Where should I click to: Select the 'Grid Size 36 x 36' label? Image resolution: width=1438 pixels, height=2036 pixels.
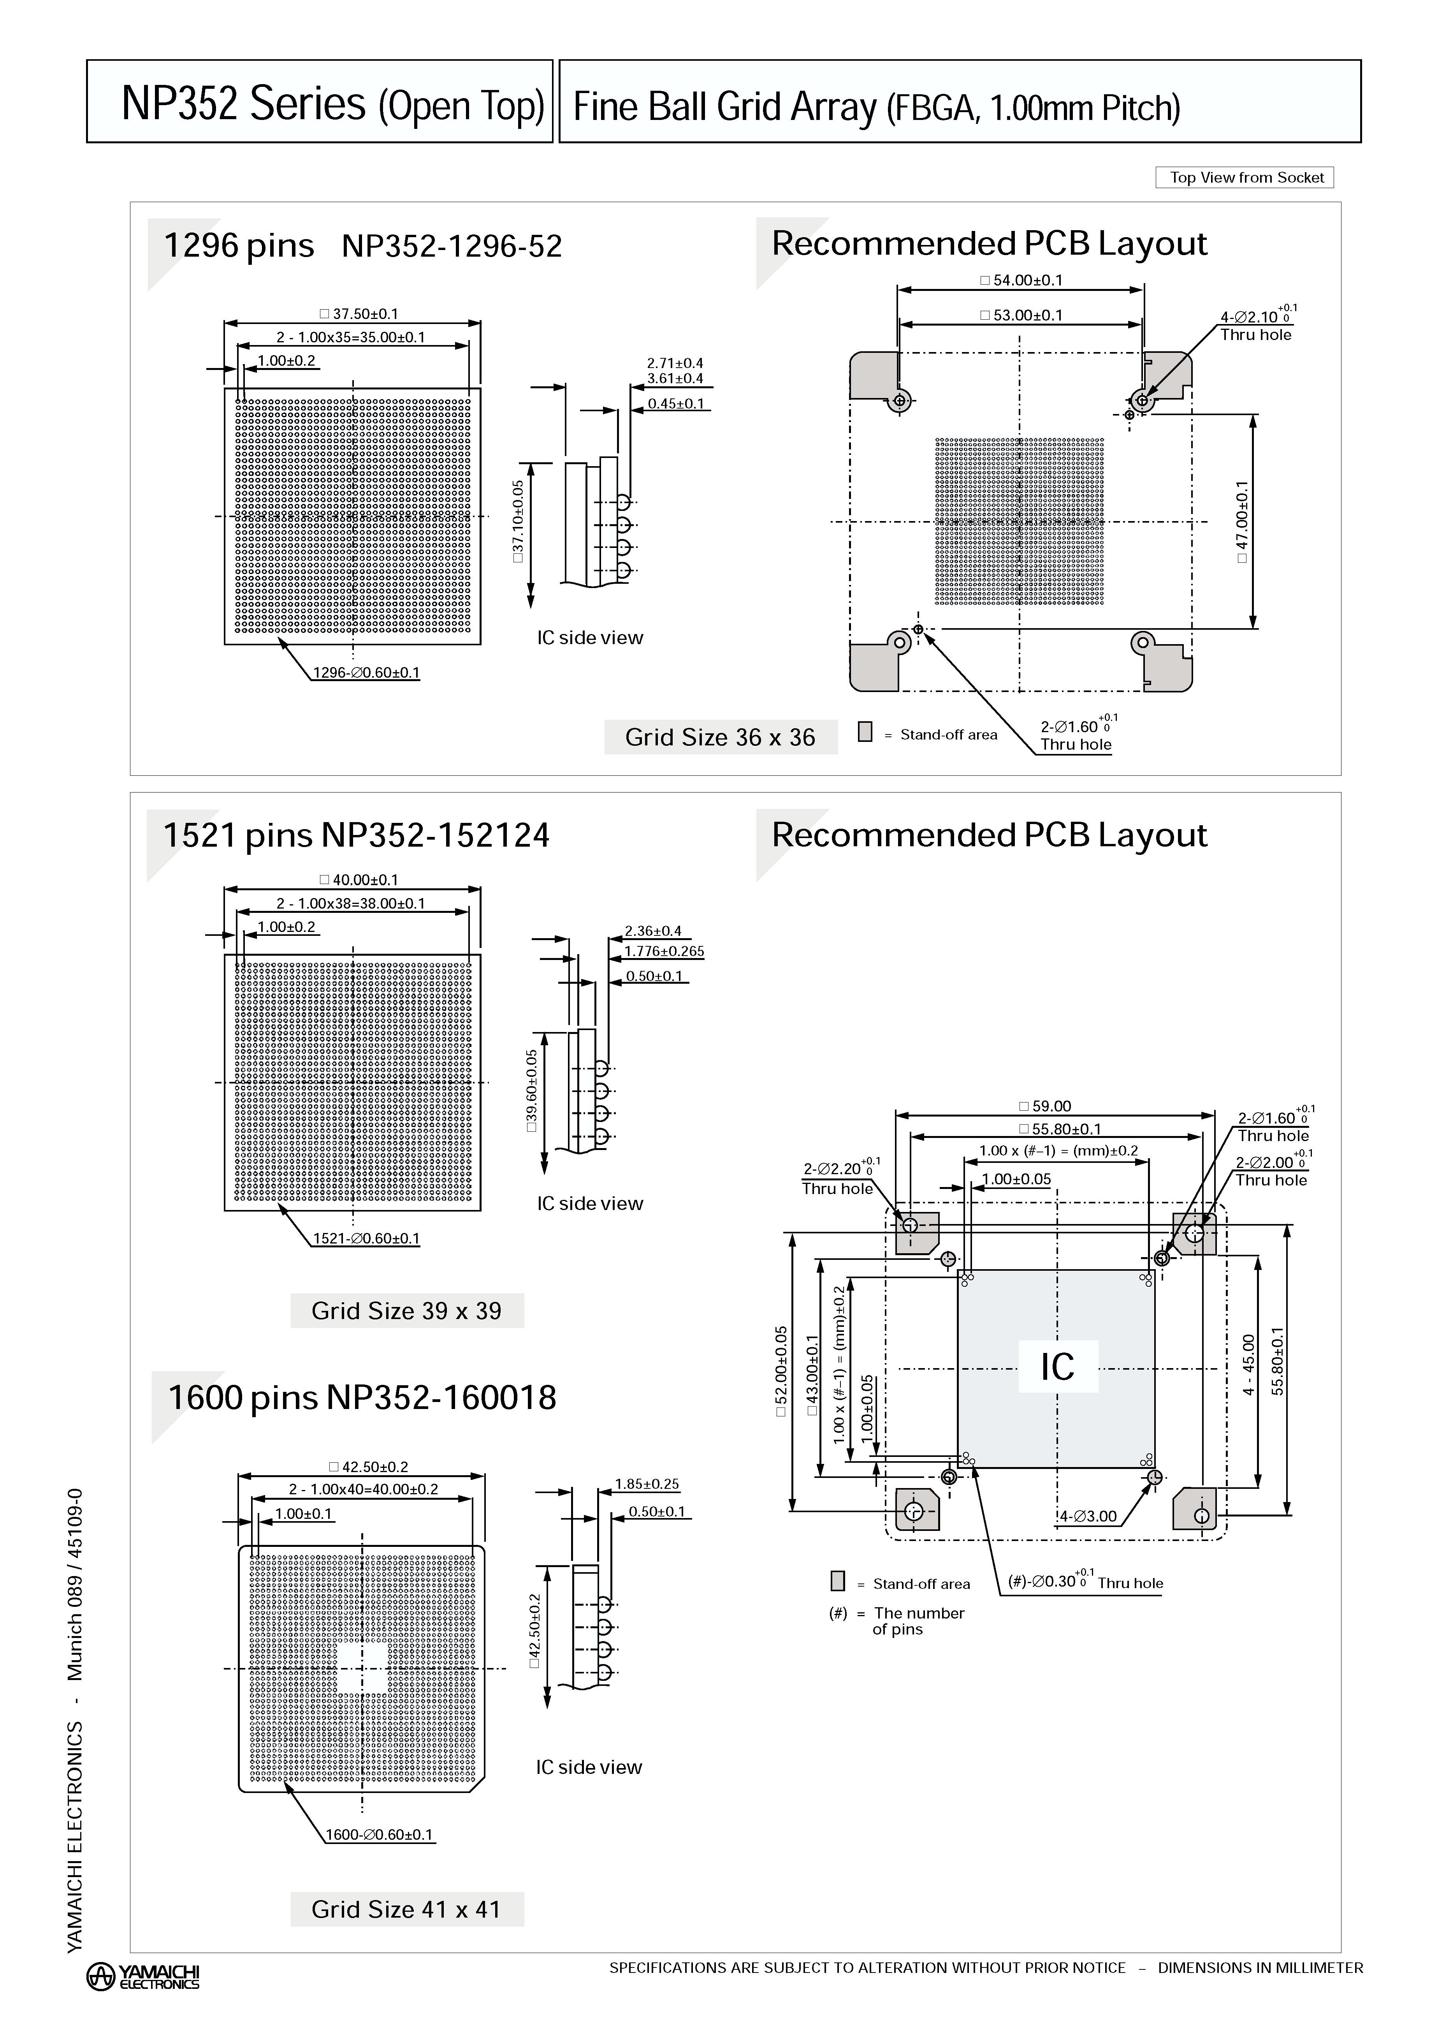720,737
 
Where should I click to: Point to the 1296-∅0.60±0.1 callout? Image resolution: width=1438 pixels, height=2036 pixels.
366,672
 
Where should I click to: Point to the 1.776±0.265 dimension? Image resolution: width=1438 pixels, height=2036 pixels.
664,951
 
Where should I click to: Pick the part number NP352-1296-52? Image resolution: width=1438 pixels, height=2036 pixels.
452,247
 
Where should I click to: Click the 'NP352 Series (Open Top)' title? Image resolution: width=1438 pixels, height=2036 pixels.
332,104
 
